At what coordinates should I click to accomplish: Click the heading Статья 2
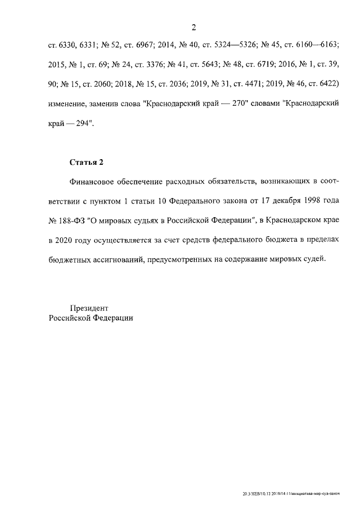point(87,163)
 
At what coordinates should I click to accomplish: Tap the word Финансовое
point(93,182)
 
